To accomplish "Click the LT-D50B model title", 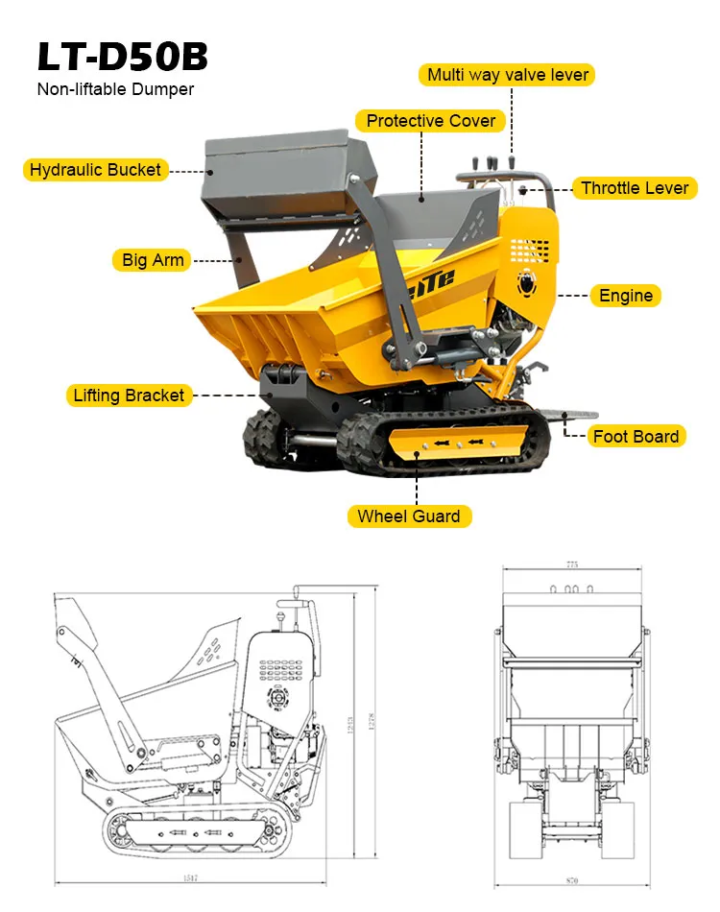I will coord(122,57).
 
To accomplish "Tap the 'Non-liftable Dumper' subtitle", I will coord(115,89).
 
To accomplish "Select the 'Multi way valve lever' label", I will coord(507,75).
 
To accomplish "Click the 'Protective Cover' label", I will coord(431,121).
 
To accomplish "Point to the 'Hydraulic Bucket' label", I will coord(95,170).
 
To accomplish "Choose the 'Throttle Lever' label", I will coord(635,188).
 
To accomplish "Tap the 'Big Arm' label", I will coord(154,259).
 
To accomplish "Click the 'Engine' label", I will coord(625,296).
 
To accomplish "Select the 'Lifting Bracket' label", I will coord(129,396).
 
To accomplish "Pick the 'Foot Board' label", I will coord(636,436).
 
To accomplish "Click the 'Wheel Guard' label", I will coord(408,516).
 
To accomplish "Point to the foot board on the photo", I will coord(566,416).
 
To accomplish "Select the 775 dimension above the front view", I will coord(572,565).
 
